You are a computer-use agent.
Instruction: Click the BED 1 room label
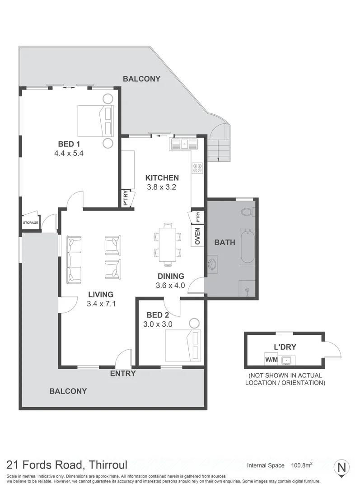(x=69, y=144)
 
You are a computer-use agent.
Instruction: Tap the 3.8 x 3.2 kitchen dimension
(x=162, y=187)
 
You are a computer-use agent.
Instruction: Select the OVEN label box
(x=197, y=235)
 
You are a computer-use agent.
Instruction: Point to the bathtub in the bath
(x=248, y=247)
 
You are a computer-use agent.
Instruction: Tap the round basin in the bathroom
(x=212, y=264)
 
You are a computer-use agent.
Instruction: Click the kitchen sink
(x=184, y=144)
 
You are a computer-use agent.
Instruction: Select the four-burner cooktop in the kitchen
(x=197, y=168)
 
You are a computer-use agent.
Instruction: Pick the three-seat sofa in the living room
(x=74, y=260)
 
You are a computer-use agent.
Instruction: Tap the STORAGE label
(x=31, y=223)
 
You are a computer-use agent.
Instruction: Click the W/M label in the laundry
(x=271, y=360)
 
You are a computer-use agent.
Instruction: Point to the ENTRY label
(x=123, y=374)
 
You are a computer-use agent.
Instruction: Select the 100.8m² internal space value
(x=301, y=465)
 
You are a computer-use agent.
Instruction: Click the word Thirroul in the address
(x=108, y=465)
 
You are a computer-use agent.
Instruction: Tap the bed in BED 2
(x=182, y=346)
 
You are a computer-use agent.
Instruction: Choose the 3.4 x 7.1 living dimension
(x=101, y=304)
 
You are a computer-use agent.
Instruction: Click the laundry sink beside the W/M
(x=286, y=361)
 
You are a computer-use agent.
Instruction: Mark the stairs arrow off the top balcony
(x=219, y=150)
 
